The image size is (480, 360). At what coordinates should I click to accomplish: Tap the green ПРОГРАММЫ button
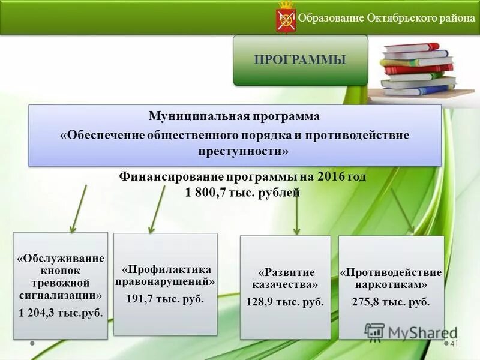pos(300,59)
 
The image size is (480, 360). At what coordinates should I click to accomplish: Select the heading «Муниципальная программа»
pos(234,116)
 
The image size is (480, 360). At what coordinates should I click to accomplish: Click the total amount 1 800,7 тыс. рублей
pos(239,193)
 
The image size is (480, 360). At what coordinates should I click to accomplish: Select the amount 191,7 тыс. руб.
pos(165,298)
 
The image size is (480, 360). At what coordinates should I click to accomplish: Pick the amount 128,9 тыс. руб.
pos(285,302)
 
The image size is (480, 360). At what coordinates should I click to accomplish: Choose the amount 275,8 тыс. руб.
pos(391,302)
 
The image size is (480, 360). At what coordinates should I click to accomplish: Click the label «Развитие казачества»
pos(285,278)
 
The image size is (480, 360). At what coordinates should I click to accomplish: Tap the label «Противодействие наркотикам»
pos(391,278)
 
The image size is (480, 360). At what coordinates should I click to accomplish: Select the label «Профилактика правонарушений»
pos(165,275)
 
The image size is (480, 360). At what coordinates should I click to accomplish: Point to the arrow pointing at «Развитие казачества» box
pos(296,215)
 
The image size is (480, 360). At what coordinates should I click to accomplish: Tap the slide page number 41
pos(454,343)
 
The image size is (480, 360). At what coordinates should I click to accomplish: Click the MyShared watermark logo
pos(408,332)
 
